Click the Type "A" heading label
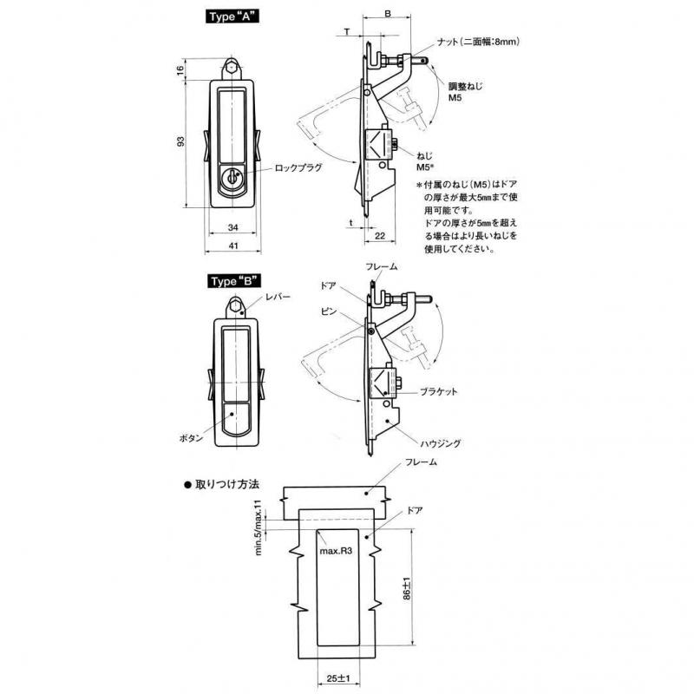[x=232, y=16]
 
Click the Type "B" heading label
[x=234, y=281]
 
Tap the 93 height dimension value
[x=180, y=141]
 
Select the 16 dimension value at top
[x=180, y=70]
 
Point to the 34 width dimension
[x=232, y=227]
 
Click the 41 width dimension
[x=233, y=246]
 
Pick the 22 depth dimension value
[x=380, y=236]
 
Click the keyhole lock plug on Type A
[x=232, y=178]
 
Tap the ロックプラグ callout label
[x=298, y=168]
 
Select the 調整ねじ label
[x=466, y=86]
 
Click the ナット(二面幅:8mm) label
[x=478, y=42]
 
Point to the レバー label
[x=278, y=297]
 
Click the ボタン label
[x=191, y=438]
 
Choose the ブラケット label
[x=438, y=392]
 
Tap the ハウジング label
[x=441, y=443]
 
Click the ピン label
[x=329, y=311]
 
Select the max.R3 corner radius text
[x=336, y=552]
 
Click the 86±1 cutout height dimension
[x=407, y=589]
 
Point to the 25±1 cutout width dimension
[x=338, y=678]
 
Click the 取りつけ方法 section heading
[x=222, y=484]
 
